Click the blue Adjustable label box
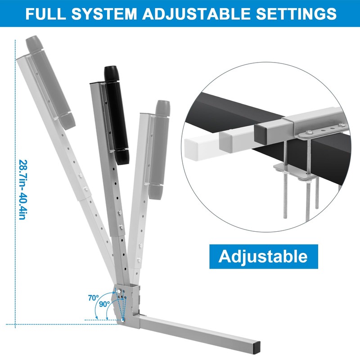click(x=263, y=256)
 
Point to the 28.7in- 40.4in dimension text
click(x=22, y=189)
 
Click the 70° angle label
click(x=93, y=297)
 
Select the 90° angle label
click(x=104, y=304)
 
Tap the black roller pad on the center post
click(x=116, y=121)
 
